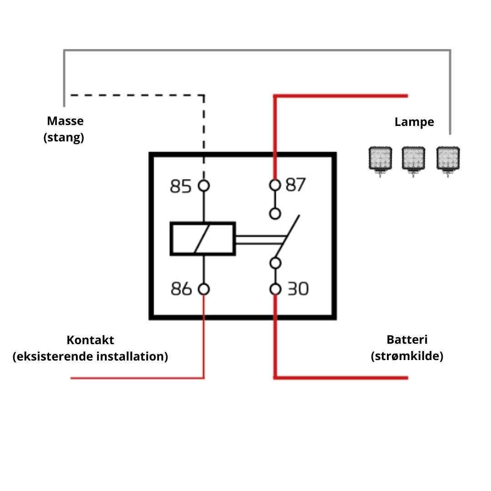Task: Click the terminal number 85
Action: point(180,186)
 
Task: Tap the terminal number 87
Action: point(296,185)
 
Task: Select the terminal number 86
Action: point(181,289)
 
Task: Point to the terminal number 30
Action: point(298,289)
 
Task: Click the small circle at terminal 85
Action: point(204,186)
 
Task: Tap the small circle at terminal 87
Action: point(275,185)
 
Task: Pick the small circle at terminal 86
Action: point(204,289)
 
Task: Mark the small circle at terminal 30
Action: point(275,289)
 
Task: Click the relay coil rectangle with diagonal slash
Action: point(203,239)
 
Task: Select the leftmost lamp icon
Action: point(380,159)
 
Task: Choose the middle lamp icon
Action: point(414,159)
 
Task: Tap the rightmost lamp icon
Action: point(448,159)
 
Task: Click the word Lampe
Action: point(414,122)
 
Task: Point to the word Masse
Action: point(65,121)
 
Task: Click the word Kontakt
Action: point(90,340)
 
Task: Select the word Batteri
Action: point(407,340)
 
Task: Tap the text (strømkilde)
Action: point(407,356)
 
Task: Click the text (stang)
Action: point(64,137)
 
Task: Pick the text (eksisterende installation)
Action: point(90,356)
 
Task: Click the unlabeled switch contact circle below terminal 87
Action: point(275,213)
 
